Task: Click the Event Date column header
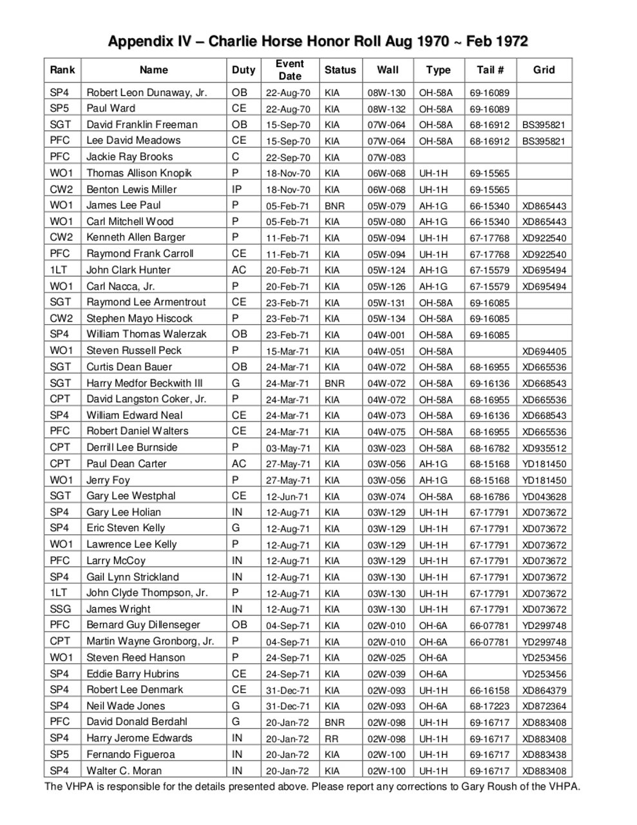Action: (289, 70)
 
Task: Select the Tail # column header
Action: (490, 70)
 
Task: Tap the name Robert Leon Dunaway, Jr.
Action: (147, 92)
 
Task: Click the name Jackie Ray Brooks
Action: (129, 157)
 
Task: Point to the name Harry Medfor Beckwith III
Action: (144, 383)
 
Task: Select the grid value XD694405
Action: (544, 351)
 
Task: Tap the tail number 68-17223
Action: (490, 706)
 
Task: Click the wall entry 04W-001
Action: (386, 335)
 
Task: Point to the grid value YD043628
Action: (544, 496)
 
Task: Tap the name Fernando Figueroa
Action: (131, 754)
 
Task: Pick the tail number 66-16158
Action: (490, 690)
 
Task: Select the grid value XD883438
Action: (544, 755)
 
